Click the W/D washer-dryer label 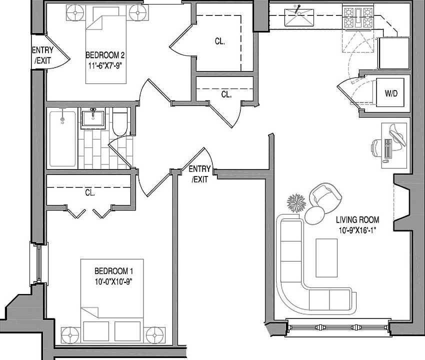coord(391,93)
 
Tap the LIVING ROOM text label coord(357,219)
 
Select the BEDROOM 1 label coord(113,271)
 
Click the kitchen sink coord(298,18)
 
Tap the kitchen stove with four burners coord(358,17)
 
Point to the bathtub coord(62,138)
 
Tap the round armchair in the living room coord(325,196)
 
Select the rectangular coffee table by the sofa coord(326,257)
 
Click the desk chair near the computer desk coord(376,148)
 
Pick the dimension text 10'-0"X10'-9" coord(113,280)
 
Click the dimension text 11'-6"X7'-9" coord(105,64)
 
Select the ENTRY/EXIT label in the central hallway coord(199,174)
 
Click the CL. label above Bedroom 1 coord(90,192)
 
